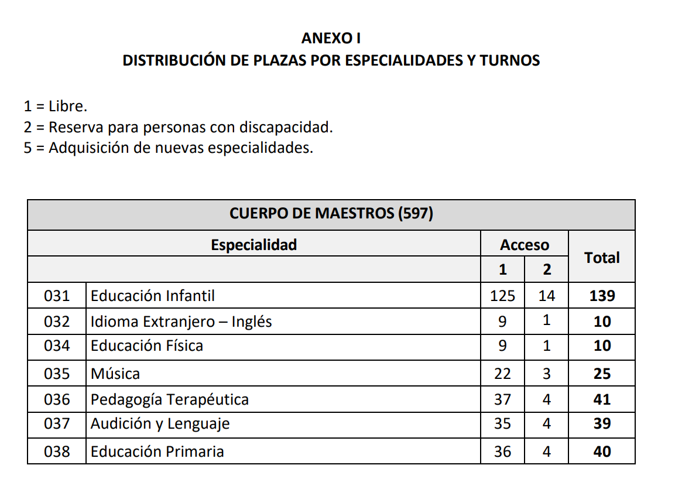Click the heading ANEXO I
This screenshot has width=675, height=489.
pyautogui.click(x=331, y=39)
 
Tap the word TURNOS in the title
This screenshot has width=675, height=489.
pyautogui.click(x=510, y=60)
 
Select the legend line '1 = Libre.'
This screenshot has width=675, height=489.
pyautogui.click(x=56, y=106)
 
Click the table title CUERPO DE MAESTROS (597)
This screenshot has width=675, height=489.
pyautogui.click(x=331, y=214)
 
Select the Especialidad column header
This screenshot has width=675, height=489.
pyautogui.click(x=253, y=244)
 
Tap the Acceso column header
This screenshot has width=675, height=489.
pyautogui.click(x=525, y=245)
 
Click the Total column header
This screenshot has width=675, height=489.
pyautogui.click(x=602, y=258)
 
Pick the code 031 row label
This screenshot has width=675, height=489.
pyautogui.click(x=57, y=296)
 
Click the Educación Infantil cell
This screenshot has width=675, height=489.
pyautogui.click(x=153, y=296)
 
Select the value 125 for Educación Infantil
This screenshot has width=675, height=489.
pyautogui.click(x=502, y=296)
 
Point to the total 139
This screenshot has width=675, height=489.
pyautogui.click(x=602, y=296)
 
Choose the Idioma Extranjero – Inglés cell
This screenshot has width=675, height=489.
pyautogui.click(x=181, y=322)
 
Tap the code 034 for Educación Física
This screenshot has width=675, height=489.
pyautogui.click(x=57, y=346)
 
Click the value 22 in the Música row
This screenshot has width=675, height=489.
pyautogui.click(x=502, y=374)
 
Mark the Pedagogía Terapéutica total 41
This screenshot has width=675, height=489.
pyautogui.click(x=602, y=399)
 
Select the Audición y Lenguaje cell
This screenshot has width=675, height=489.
pyautogui.click(x=160, y=424)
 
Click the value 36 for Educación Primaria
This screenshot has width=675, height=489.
pyautogui.click(x=502, y=452)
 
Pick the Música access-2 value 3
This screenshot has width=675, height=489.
pyautogui.click(x=547, y=374)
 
